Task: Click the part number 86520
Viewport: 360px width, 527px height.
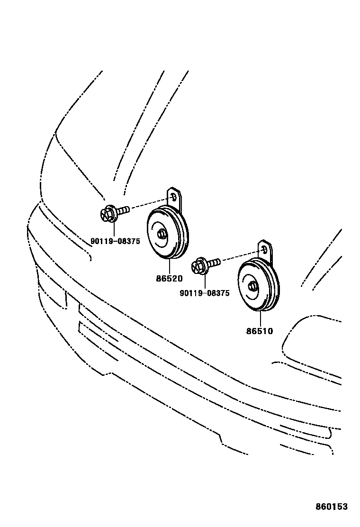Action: [169, 279]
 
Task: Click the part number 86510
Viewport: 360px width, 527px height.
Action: [260, 331]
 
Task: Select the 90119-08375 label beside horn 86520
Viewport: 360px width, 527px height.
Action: [115, 241]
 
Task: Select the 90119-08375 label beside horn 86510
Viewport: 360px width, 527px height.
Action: [205, 293]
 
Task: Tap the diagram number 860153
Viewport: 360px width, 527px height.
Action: [332, 507]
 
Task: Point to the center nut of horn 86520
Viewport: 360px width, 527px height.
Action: [162, 234]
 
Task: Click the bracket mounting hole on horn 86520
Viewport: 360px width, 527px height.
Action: [173, 197]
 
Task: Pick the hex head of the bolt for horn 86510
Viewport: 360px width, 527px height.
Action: [198, 266]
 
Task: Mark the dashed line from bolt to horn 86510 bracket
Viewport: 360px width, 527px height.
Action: [240, 255]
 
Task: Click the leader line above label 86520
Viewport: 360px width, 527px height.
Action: [169, 266]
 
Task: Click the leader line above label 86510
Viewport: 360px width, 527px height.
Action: [260, 318]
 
